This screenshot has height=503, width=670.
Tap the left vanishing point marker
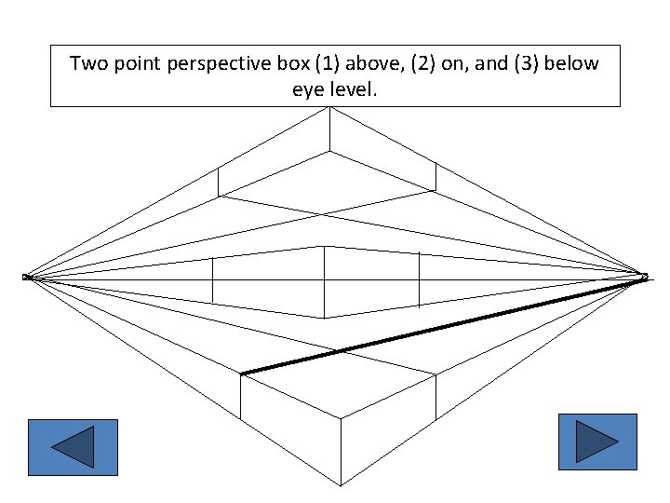click(27, 277)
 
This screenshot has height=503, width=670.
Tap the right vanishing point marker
click(643, 276)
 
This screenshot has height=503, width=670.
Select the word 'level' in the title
click(354, 91)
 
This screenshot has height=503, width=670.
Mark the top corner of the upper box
click(328, 107)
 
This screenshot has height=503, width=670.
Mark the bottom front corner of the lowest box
click(340, 484)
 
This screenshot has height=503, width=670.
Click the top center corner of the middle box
click(324, 246)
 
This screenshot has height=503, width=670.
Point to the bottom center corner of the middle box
click(324, 318)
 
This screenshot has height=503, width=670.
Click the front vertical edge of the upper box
click(328, 129)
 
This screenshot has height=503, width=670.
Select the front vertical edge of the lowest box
click(340, 452)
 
